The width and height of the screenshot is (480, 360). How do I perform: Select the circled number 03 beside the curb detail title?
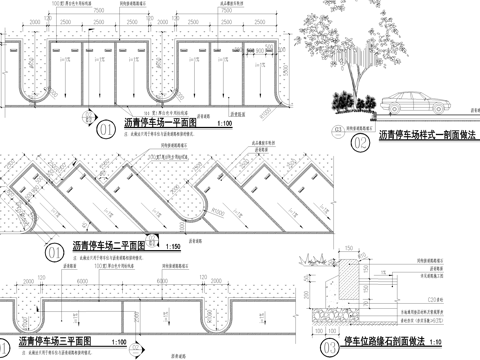coord(331,347)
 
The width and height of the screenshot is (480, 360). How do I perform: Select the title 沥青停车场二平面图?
coord(108,244)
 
